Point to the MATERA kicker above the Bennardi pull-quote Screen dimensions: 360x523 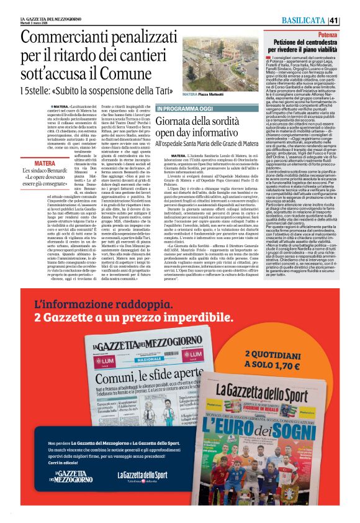(45, 163)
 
